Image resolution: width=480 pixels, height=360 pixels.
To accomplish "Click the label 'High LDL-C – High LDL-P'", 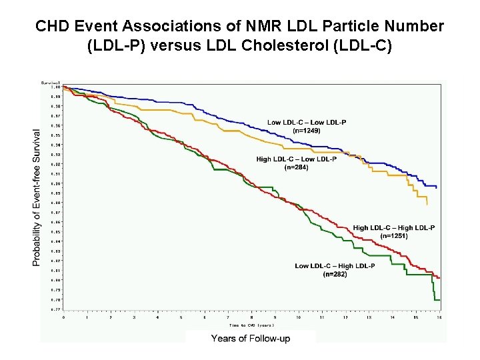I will [394, 227].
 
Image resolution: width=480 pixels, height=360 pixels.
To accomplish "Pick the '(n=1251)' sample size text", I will [394, 236].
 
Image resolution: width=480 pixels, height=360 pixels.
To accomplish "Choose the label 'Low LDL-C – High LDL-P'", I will [335, 266].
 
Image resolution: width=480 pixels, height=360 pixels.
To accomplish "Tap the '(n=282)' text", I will [335, 274].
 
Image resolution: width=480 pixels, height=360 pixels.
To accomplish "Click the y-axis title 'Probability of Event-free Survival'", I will [37, 198].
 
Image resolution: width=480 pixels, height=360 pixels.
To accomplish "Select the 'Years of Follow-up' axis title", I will [251, 339].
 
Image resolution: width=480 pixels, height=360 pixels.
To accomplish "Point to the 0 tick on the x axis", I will [64, 317].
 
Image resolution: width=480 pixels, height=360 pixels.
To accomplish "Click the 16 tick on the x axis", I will [439, 317].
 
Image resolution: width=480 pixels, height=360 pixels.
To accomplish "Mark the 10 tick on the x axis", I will [299, 317].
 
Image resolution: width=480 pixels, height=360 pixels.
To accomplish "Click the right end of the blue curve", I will [437, 187].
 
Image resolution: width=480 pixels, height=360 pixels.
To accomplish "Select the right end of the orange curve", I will [427, 204].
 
